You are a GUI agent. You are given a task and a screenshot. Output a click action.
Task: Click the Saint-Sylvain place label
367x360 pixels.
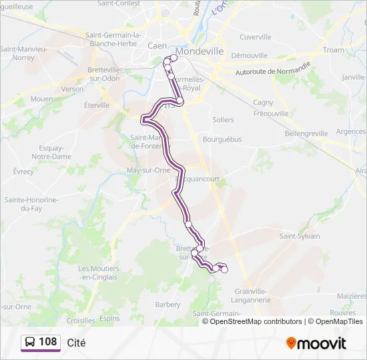pyautogui.click(x=300, y=236)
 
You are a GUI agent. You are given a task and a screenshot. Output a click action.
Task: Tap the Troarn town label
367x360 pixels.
pyautogui.click(x=334, y=50)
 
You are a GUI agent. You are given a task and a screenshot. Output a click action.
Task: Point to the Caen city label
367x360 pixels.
pyautogui.click(x=158, y=45)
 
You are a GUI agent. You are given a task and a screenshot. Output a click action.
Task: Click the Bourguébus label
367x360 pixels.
pyautogui.click(x=221, y=139)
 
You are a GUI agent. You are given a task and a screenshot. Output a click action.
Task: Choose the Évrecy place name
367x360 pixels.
pyautogui.click(x=23, y=171)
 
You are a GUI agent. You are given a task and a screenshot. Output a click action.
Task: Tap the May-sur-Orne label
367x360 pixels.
pyautogui.click(x=148, y=170)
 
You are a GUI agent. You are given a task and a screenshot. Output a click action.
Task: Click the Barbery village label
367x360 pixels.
pyautogui.click(x=167, y=305)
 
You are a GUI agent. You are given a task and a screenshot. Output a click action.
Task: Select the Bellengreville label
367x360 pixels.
pyautogui.click(x=306, y=133)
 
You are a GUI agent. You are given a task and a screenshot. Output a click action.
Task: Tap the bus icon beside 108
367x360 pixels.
pyautogui.click(x=30, y=342)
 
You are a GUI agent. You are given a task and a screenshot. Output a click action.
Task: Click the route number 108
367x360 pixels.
pyautogui.click(x=47, y=342)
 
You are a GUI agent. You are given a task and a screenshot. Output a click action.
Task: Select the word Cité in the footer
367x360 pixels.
pyautogui.click(x=77, y=343)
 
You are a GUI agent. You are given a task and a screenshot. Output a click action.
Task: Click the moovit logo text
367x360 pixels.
pyautogui.click(x=322, y=343)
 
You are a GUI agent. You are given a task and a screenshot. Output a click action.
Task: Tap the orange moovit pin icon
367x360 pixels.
pyautogui.click(x=291, y=343)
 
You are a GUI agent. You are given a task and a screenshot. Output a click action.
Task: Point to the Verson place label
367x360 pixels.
pyautogui.click(x=72, y=89)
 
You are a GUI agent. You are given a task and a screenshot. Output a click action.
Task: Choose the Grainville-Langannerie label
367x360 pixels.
pyautogui.click(x=252, y=295)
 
